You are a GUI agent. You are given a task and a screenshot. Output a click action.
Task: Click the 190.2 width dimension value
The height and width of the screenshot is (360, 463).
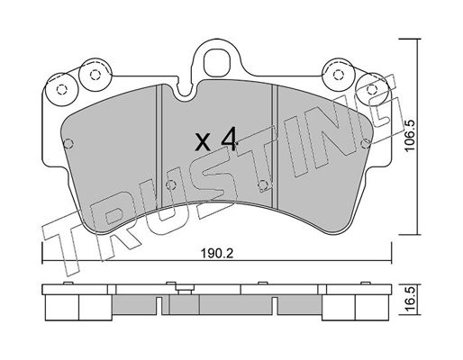tap(216, 255)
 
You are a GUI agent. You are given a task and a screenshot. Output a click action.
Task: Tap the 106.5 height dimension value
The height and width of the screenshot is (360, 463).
tap(410, 136)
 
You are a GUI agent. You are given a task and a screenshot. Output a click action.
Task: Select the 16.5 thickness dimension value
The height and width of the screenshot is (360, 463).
tap(412, 299)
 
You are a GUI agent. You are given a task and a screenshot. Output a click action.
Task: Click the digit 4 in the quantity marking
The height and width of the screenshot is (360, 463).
tap(228, 139)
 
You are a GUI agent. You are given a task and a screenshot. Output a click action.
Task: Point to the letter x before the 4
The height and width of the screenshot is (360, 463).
tap(203, 142)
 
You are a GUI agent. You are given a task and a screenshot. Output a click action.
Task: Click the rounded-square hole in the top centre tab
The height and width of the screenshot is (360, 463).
tap(216, 62)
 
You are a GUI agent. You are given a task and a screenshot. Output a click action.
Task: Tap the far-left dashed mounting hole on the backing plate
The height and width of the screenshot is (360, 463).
tap(61, 89)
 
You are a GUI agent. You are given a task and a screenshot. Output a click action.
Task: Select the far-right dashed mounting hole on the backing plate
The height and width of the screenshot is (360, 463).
tap(372, 89)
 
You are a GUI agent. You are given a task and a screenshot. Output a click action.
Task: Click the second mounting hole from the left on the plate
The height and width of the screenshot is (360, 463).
tap(95, 75)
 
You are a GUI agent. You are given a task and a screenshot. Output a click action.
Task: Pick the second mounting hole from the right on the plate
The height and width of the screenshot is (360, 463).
tap(339, 74)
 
